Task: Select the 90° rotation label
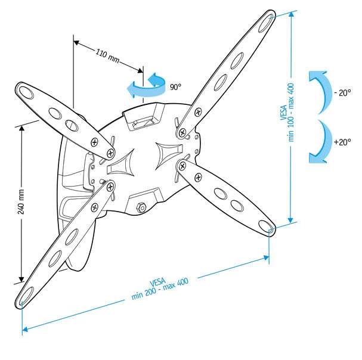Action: [x=175, y=87]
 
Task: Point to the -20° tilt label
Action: [x=343, y=92]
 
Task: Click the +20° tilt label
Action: [x=342, y=142]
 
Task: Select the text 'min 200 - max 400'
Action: [x=160, y=290]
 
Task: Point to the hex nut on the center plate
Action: [x=142, y=207]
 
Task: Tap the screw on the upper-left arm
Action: [x=94, y=142]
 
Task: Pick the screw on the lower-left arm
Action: [x=94, y=207]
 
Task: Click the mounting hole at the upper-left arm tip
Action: [x=25, y=91]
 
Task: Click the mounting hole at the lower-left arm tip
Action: [x=26, y=294]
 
